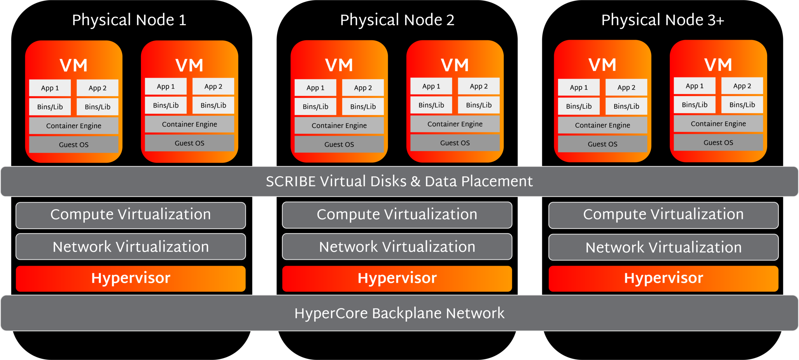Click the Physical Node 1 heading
(x=129, y=20)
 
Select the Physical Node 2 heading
(x=397, y=20)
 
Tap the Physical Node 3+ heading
(x=662, y=20)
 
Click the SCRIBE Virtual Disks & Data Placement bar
(x=399, y=181)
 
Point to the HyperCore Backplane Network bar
(x=399, y=313)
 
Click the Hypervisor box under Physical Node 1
(x=130, y=279)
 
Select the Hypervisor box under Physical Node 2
(x=397, y=279)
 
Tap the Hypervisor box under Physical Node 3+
(x=664, y=279)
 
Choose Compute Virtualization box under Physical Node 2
(x=397, y=215)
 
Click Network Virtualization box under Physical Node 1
(x=130, y=247)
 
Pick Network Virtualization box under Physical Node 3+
(x=664, y=247)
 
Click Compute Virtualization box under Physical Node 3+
(x=664, y=215)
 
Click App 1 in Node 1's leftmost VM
(x=50, y=88)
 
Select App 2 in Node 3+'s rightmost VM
(x=742, y=86)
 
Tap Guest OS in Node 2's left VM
(x=339, y=144)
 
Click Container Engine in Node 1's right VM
(x=189, y=124)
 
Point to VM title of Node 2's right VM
(x=455, y=65)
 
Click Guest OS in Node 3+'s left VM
(x=602, y=144)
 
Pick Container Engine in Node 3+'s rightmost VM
(x=718, y=124)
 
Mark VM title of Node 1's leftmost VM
(x=74, y=66)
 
